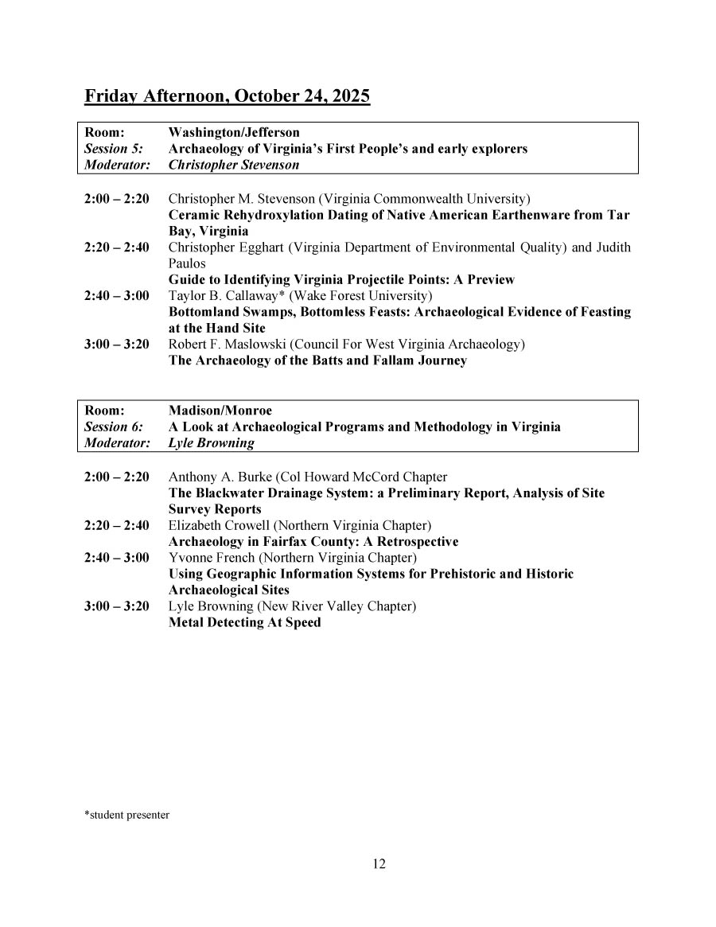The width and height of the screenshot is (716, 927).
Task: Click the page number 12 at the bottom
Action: [379, 864]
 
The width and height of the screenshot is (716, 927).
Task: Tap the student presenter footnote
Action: [126, 815]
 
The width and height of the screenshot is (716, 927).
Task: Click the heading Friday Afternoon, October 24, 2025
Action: [227, 97]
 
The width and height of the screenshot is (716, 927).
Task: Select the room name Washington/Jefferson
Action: [234, 133]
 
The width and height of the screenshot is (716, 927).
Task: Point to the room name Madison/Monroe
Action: [220, 411]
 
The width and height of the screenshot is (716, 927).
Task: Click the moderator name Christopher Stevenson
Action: [234, 166]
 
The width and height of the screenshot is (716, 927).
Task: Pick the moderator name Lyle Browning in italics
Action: [211, 443]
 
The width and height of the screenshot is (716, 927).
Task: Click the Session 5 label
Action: [113, 149]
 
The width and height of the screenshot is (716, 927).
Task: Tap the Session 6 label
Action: [113, 426]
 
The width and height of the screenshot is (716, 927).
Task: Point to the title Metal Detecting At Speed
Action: [244, 622]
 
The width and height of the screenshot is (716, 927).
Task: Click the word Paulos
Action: [187, 263]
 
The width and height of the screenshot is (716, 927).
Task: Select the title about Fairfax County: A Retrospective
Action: [313, 542]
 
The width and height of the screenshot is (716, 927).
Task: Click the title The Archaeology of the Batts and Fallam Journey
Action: [317, 360]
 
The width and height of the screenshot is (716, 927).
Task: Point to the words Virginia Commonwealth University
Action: [423, 198]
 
